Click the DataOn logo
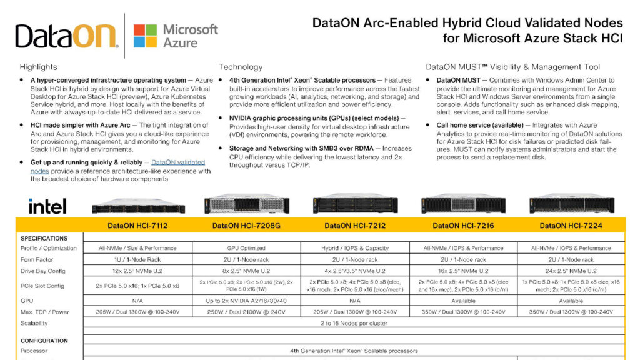point(66,36)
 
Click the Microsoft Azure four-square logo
point(145,36)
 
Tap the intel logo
point(47,206)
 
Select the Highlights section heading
point(38,67)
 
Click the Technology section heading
point(241,67)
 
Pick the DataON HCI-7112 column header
point(137,226)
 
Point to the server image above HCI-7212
point(355,204)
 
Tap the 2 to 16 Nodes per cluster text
point(354,323)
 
